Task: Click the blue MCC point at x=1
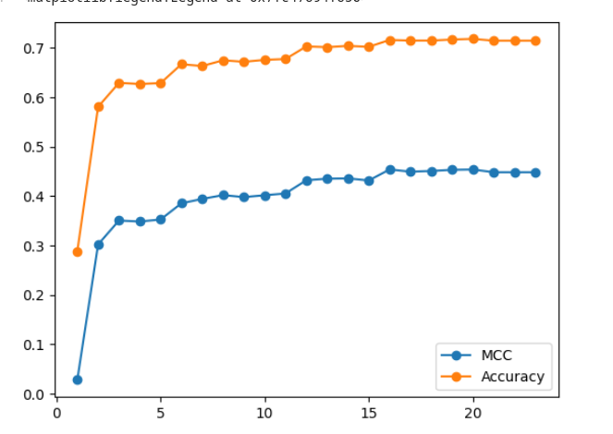78,380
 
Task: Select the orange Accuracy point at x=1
78,251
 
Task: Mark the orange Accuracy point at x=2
99,106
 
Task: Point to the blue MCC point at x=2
99,245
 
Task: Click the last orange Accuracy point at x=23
535,41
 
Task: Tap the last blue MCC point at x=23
535,173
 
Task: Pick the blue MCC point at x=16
390,170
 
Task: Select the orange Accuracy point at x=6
182,64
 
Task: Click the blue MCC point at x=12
307,180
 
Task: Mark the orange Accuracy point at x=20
473,39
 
